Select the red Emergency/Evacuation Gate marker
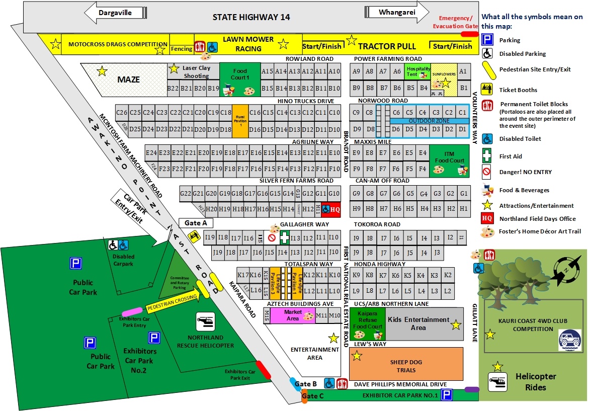[470, 34]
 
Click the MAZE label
[129, 79]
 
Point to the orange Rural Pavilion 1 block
[240, 121]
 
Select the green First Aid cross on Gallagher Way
[285, 237]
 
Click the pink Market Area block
[293, 315]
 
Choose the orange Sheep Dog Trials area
[406, 364]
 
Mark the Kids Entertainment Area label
[418, 323]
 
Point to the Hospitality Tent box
[418, 71]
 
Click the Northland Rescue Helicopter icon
[206, 320]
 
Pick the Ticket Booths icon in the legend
[487, 89]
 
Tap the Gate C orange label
[310, 396]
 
